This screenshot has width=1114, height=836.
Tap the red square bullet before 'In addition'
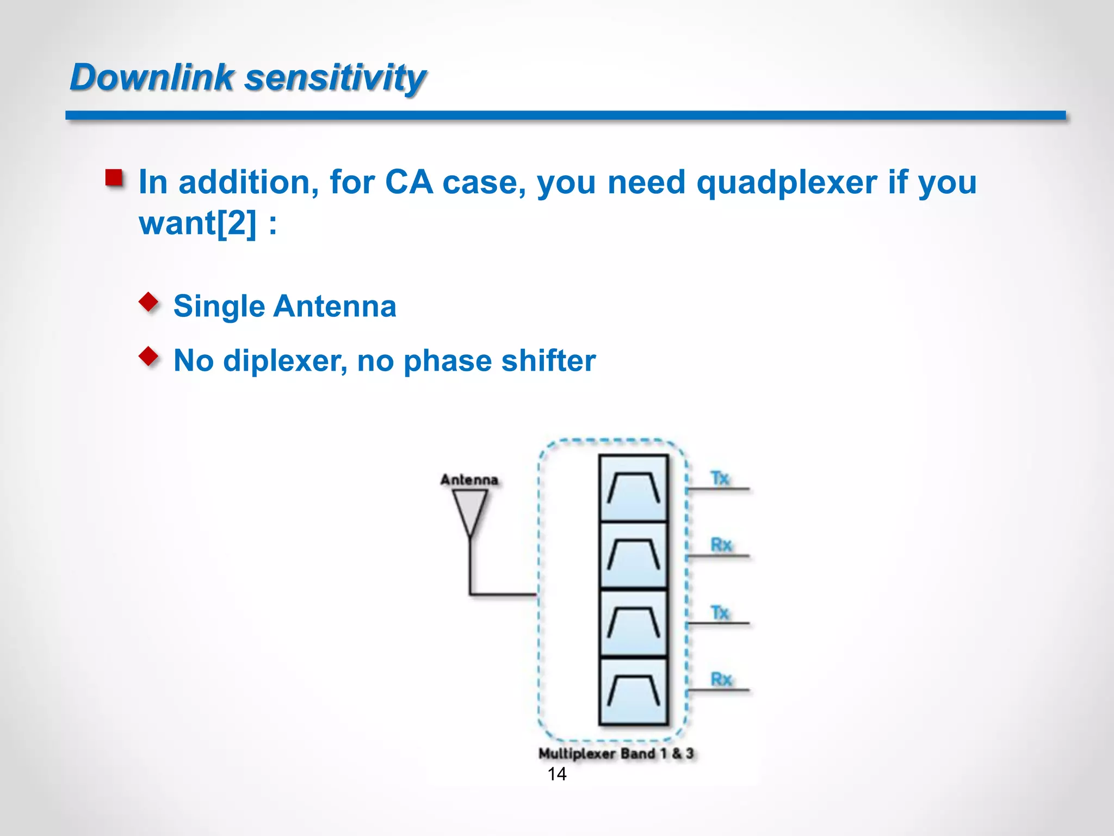point(114,178)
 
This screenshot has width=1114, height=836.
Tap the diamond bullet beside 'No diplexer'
point(148,356)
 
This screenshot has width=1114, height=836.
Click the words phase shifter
point(499,361)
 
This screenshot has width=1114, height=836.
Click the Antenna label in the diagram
point(469,480)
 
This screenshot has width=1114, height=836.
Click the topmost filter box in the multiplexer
point(633,488)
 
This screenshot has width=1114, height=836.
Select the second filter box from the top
point(633,555)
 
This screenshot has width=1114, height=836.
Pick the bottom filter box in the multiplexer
point(633,691)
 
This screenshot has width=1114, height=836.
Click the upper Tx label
point(720,478)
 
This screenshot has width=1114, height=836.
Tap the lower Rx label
point(721,679)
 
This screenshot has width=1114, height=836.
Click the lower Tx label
point(720,612)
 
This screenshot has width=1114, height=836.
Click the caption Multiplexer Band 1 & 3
point(616,753)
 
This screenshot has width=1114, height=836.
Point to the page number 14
point(556,773)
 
